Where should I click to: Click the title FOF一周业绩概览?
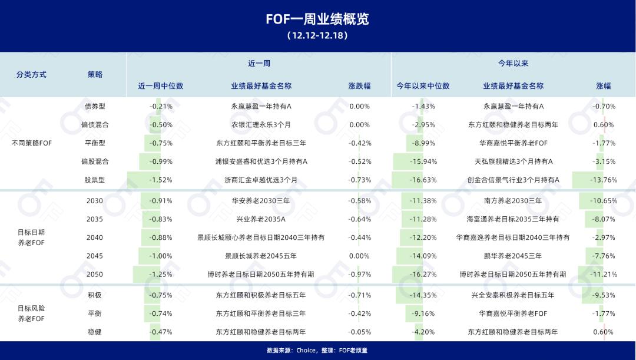pos(317,19)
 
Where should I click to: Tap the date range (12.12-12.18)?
pos(317,35)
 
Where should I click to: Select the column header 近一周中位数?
pos(161,86)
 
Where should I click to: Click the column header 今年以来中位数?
pos(423,86)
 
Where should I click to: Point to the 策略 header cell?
pos(95,74)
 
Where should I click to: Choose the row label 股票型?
pos(95,180)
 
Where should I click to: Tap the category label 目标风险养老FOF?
pos(31,313)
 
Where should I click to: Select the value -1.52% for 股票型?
pos(161,180)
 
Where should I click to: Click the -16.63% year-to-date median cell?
pos(423,180)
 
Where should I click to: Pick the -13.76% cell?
pos(604,180)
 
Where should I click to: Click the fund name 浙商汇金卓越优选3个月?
pos(261,180)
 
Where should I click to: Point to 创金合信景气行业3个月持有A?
pos(513,180)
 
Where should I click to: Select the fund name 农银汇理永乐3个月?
pos(261,125)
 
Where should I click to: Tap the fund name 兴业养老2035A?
pos(261,219)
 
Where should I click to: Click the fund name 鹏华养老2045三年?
pos(513,256)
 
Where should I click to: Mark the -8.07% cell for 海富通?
pos(604,219)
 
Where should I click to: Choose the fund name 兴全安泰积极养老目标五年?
pos(513,295)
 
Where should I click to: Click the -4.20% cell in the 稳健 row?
pos(423,332)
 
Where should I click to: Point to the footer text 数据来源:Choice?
pos(291,351)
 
